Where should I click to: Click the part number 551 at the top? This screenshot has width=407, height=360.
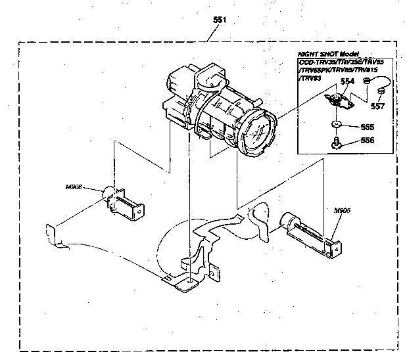pyautogui.click(x=220, y=20)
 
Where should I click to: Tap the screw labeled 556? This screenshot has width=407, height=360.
pyautogui.click(x=337, y=142)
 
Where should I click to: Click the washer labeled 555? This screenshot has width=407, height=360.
pyautogui.click(x=336, y=125)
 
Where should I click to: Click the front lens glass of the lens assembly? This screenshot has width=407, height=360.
pyautogui.click(x=257, y=135)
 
